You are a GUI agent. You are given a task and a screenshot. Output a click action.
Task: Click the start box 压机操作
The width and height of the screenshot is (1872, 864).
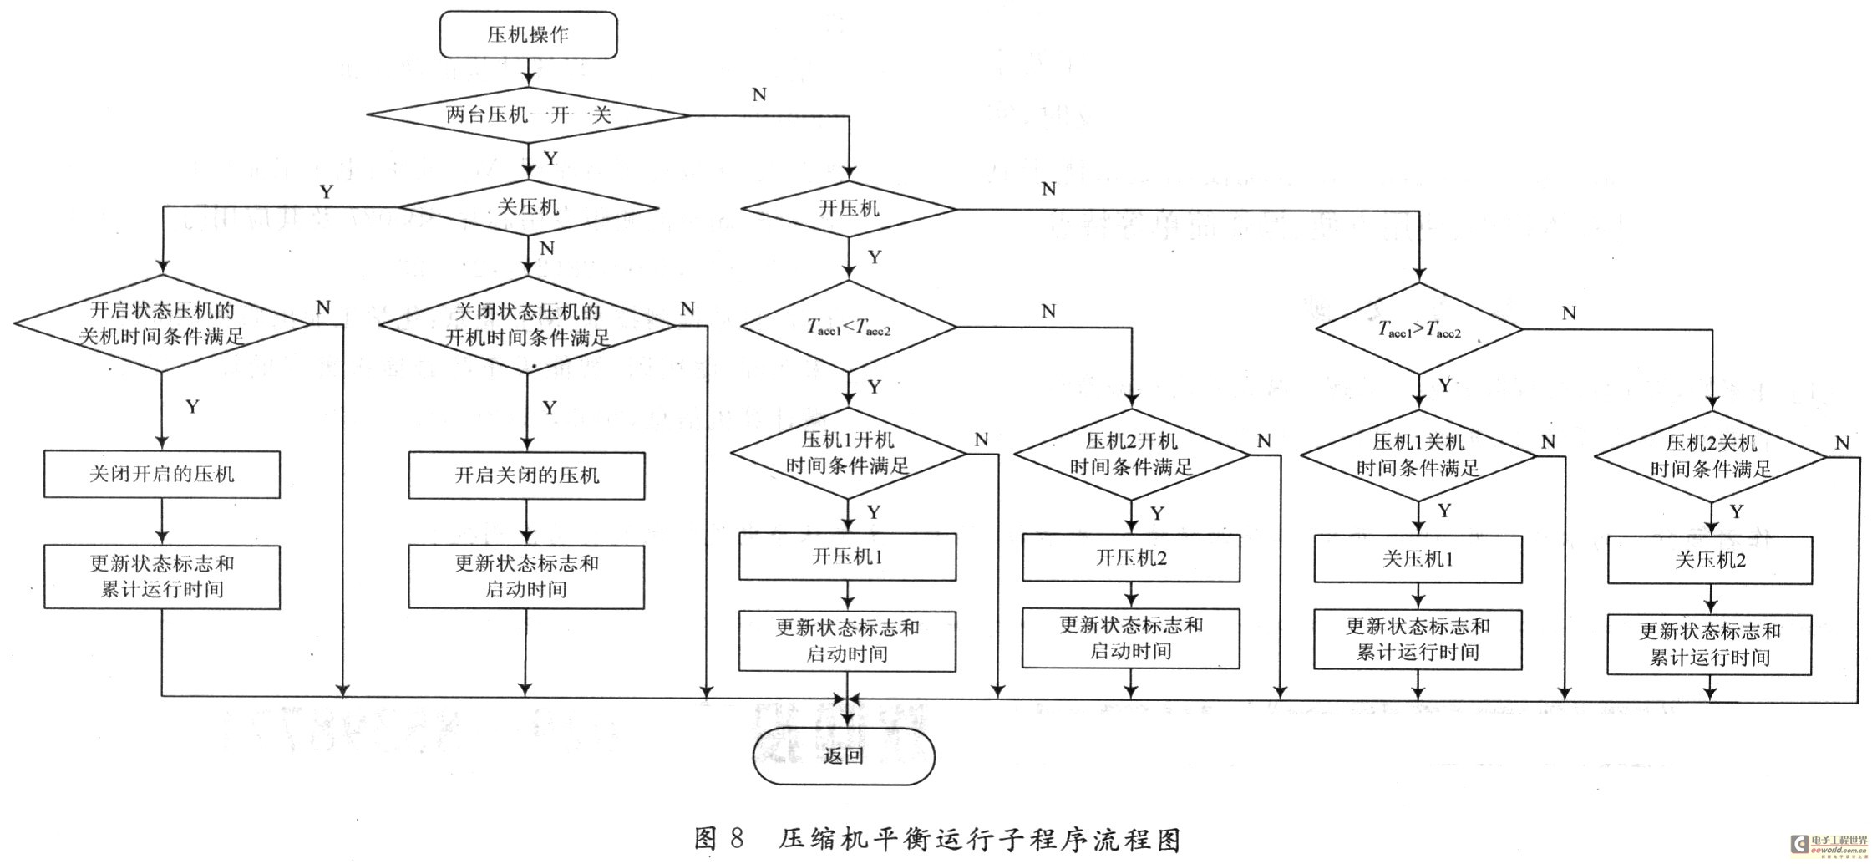(x=528, y=35)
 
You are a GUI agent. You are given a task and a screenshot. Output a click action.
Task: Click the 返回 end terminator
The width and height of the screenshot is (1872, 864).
(x=844, y=756)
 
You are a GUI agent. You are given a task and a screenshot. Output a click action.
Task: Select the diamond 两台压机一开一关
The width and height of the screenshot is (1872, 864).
(x=528, y=115)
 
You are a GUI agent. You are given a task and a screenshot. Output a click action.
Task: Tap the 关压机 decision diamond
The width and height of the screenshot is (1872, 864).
(x=528, y=207)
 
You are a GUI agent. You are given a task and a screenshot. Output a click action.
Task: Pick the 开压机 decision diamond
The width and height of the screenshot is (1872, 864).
(x=849, y=208)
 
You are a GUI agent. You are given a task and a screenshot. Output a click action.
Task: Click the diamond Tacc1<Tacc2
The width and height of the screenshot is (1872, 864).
(x=849, y=327)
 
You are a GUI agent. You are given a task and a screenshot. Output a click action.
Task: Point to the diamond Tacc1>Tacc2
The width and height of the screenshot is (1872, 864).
(x=1418, y=329)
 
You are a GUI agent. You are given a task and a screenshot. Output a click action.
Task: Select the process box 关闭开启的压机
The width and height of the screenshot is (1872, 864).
(x=162, y=475)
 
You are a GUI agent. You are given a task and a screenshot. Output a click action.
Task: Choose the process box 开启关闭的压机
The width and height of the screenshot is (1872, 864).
(x=526, y=475)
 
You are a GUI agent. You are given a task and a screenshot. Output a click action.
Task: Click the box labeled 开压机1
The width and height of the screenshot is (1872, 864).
(x=847, y=557)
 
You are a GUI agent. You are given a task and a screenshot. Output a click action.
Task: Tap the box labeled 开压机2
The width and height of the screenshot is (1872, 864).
(x=1131, y=558)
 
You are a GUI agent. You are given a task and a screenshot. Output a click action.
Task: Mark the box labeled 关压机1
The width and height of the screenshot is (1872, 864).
(x=1418, y=559)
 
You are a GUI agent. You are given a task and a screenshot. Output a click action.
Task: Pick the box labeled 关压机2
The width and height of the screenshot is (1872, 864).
(x=1710, y=560)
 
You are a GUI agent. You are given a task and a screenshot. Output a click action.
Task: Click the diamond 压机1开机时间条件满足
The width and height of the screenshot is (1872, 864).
(x=847, y=453)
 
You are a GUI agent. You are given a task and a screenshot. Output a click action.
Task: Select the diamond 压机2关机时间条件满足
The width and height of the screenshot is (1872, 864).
(x=1710, y=456)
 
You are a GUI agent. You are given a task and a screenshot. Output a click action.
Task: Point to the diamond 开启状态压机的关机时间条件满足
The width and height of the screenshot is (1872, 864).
(x=162, y=323)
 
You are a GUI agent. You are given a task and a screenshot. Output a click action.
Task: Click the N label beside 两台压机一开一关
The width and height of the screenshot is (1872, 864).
(x=758, y=94)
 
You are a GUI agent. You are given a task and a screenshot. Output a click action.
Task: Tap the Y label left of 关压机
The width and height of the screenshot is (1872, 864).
(x=327, y=192)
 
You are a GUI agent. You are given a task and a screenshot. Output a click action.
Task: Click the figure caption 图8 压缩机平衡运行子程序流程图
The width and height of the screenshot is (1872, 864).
(x=937, y=839)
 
